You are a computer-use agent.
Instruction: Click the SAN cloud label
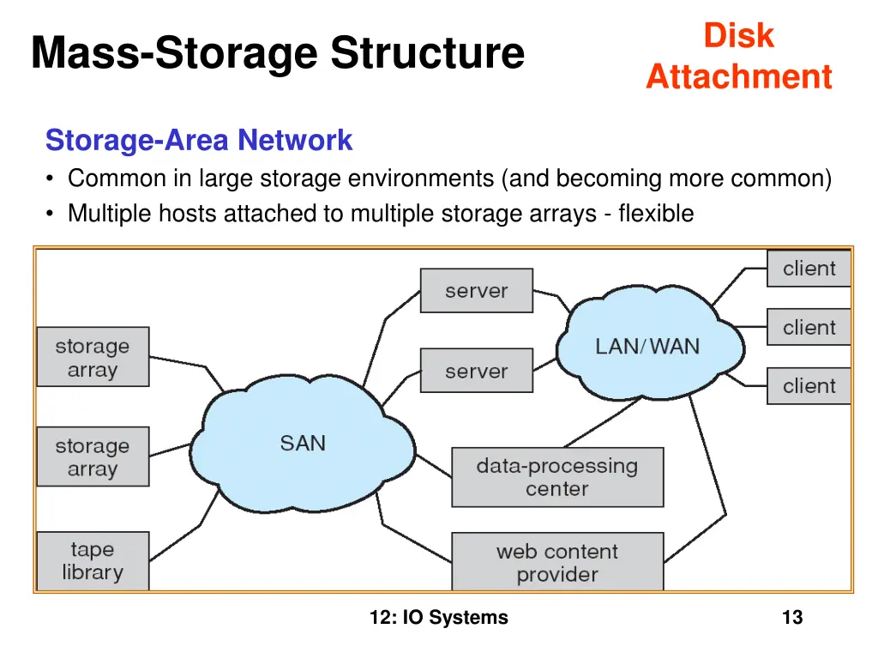pos(303,444)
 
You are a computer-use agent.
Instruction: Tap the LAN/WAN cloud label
pos(647,347)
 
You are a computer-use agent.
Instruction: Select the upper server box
pos(476,291)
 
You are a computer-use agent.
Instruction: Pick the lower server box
pos(476,372)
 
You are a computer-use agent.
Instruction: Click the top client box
pos(809,269)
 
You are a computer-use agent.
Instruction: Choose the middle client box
pos(809,328)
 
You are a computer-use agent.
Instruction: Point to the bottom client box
pos(809,386)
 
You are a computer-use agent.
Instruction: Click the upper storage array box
pos(93,358)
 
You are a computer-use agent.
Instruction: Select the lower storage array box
pos(93,457)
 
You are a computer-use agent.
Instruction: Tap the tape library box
pos(93,561)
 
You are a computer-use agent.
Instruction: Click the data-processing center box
pos(557,477)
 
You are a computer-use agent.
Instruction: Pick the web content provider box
pos(557,562)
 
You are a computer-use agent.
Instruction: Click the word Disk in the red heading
pos(738,36)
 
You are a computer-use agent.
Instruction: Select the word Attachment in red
pos(738,76)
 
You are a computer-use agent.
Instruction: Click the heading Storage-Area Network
pos(199,140)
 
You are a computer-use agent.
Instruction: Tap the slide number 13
pos(792,617)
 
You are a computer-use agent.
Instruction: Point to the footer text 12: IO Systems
pos(439,617)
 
